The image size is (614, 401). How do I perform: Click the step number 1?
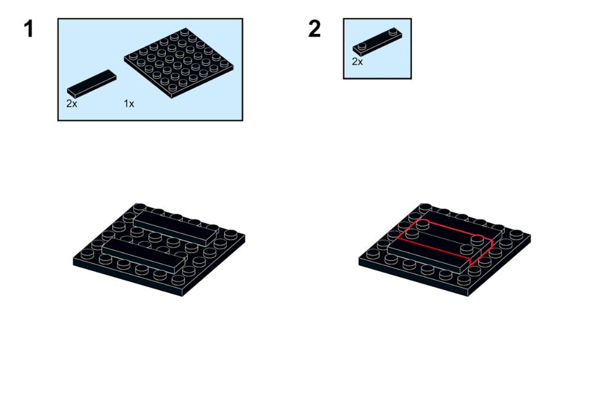click(x=28, y=30)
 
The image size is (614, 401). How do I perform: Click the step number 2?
click(x=314, y=30)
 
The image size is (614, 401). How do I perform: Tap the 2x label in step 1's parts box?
click(x=72, y=103)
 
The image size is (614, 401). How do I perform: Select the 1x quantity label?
click(x=129, y=103)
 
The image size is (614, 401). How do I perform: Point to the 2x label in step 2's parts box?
click(x=357, y=62)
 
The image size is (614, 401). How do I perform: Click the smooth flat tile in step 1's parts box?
click(x=92, y=84)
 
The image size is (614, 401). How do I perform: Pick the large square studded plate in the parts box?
click(x=179, y=63)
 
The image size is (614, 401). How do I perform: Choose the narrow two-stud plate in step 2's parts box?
click(x=377, y=41)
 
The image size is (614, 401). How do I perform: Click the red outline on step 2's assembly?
click(x=445, y=243)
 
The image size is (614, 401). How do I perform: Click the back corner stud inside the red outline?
click(x=422, y=225)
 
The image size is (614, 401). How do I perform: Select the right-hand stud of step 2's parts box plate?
click(x=394, y=31)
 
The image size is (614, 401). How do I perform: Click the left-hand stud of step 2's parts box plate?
click(x=362, y=46)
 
